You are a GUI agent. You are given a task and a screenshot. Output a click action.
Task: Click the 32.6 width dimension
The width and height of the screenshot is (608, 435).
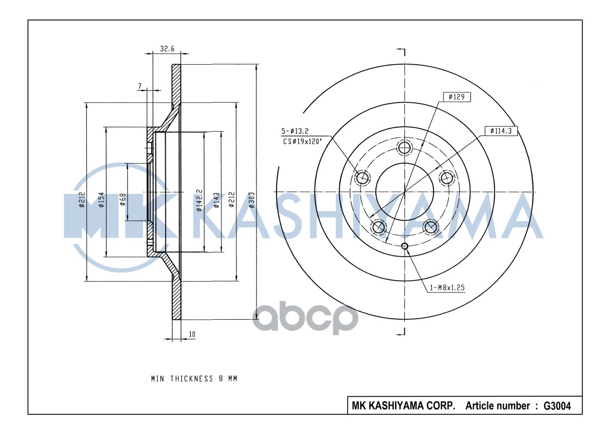pos(167,48)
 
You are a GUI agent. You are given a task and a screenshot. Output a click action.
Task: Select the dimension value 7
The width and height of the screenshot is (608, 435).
pos(140,86)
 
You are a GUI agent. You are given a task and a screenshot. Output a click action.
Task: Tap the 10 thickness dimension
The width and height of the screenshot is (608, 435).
pos(192,334)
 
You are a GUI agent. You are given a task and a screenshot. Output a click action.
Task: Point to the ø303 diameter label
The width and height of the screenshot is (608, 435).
pos(251,200)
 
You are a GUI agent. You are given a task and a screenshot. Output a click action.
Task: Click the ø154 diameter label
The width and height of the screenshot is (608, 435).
pos(101,200)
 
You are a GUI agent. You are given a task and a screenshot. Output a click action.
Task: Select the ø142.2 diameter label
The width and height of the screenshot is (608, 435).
pos(199,200)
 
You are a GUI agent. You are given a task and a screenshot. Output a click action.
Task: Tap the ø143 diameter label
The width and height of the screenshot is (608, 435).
pos(216,200)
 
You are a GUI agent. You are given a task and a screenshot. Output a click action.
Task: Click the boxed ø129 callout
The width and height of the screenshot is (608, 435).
pos(456,97)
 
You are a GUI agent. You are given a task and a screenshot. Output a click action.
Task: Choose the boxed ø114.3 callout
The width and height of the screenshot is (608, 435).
pos(500,130)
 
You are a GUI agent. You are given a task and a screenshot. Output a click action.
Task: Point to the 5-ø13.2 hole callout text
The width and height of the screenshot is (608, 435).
pos(294,132)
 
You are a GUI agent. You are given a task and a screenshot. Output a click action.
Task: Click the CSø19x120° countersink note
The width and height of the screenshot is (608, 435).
pos(301,141)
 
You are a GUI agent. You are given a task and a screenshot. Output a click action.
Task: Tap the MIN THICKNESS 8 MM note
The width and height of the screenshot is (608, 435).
pos(194,378)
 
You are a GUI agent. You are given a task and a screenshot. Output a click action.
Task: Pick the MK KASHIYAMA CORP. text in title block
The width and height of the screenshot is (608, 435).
pos(404,406)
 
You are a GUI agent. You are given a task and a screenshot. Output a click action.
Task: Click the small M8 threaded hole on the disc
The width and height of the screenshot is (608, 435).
pos(404,246)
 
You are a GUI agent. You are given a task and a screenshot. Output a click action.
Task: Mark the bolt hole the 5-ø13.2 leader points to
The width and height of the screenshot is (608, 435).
pos(362,176)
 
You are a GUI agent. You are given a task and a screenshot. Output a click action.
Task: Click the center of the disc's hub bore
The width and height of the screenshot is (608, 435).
pos(404,192)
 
